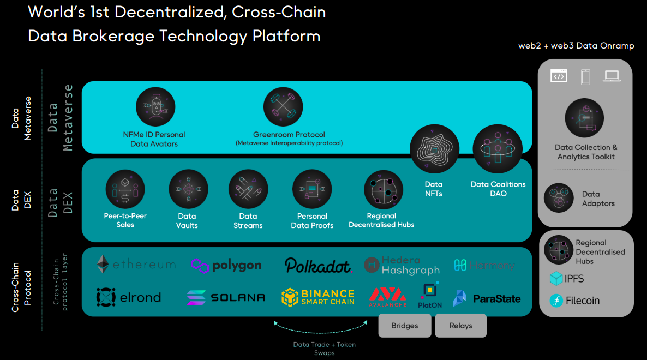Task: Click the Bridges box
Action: pos(405,326)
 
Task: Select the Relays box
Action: pos(460,326)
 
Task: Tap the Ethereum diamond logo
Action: pos(103,265)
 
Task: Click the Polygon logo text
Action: pos(236,266)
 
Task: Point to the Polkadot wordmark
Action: pos(318,266)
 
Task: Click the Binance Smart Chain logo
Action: pos(318,297)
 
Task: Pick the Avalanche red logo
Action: pos(387,296)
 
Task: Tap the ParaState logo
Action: pos(487,298)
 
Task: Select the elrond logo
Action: pos(129,297)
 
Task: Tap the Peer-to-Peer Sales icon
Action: pos(125,189)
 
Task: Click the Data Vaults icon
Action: pos(188,189)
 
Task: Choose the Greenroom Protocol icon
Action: pos(283,107)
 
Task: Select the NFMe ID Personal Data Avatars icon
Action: pos(155,107)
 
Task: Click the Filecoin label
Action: pos(583,301)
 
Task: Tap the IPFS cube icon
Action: pos(556,279)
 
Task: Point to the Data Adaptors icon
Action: pos(559,197)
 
